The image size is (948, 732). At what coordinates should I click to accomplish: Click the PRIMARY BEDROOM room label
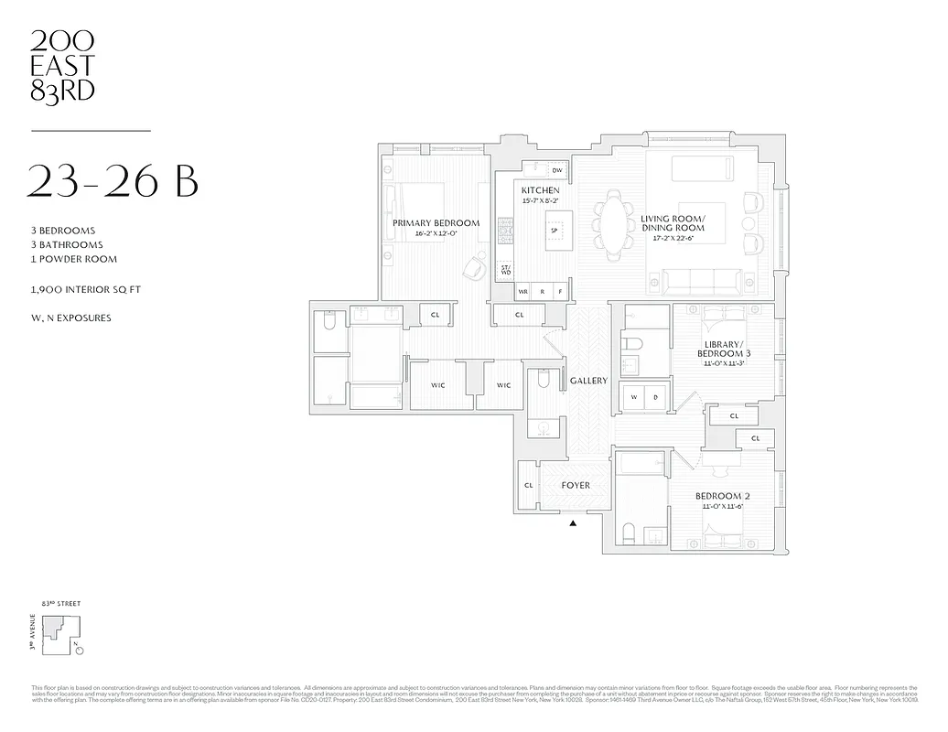point(436,223)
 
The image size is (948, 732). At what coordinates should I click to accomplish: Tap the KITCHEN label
point(540,189)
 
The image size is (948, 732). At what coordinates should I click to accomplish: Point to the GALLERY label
point(588,381)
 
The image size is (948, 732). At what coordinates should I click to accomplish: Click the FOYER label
point(575,485)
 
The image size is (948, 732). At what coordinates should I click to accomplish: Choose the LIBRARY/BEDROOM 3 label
point(723,349)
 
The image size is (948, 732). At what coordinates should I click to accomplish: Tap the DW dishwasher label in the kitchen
point(556,170)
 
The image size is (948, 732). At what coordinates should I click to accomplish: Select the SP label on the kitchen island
point(554,230)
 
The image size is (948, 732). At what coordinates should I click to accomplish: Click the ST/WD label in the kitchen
point(505,270)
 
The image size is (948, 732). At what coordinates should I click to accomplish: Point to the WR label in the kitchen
point(523,292)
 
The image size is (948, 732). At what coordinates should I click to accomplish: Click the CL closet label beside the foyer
point(528,486)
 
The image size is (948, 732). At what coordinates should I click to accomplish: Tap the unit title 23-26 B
point(113,180)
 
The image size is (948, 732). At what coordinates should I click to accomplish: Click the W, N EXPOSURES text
point(70,318)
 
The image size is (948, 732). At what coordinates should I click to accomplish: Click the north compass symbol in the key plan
point(79,651)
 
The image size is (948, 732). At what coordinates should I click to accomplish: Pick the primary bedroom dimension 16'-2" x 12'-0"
point(436,233)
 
